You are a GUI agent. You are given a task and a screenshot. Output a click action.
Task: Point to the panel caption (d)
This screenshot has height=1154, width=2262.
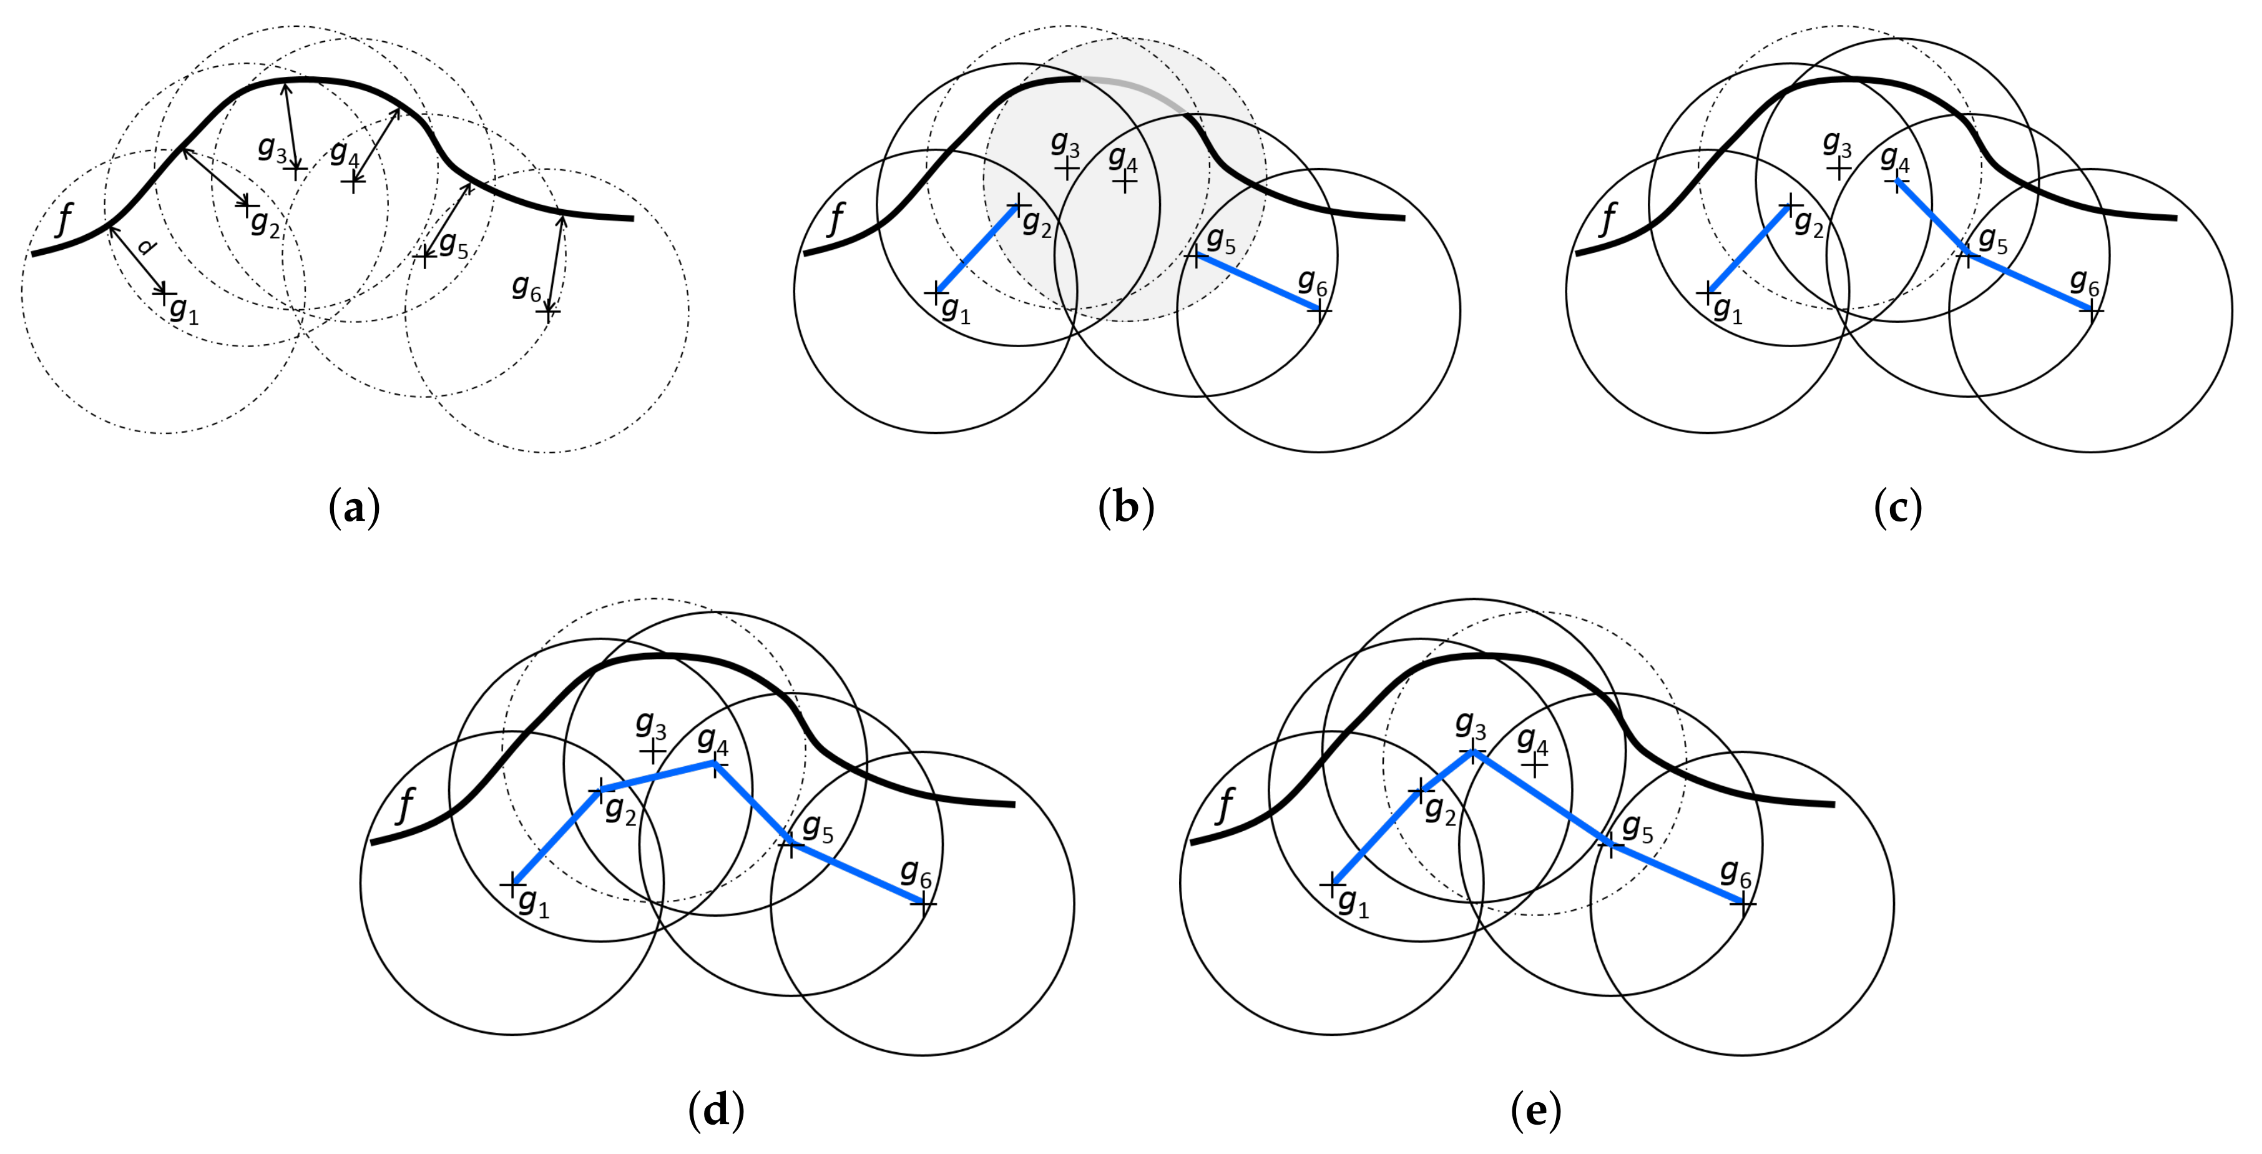click(717, 1111)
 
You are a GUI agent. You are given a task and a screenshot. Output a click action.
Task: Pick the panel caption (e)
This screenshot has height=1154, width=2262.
click(1536, 1111)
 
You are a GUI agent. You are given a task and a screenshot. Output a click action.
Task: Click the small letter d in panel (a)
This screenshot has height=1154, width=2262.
click(147, 249)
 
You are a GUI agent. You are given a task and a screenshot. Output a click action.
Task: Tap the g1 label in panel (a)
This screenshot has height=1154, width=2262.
click(184, 310)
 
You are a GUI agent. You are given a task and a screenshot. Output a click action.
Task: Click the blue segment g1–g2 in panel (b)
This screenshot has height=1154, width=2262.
click(976, 249)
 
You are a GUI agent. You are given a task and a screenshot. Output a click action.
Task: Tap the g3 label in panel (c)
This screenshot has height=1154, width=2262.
click(1838, 143)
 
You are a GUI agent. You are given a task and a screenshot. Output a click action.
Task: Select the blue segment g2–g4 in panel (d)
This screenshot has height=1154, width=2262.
click(658, 774)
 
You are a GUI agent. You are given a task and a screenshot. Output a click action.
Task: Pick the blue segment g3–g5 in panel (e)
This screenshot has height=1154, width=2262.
click(1542, 797)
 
